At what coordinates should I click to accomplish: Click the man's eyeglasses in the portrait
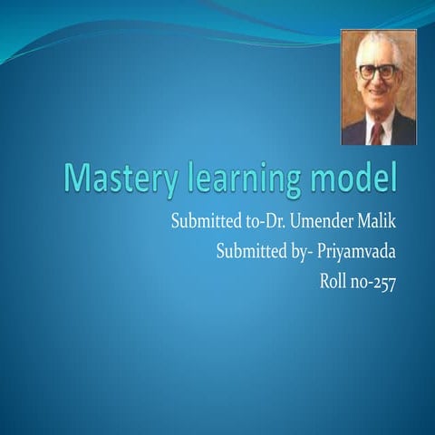[377, 72]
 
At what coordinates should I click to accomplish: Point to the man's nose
[378, 82]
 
